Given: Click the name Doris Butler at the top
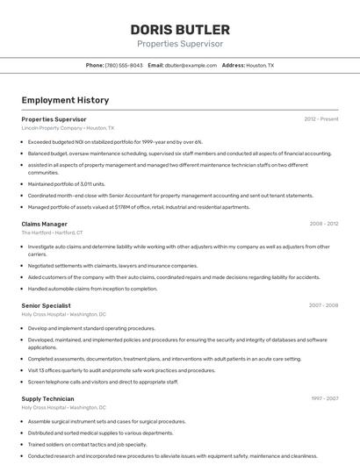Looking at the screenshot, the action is click(x=180, y=29).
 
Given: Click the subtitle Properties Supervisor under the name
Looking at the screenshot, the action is click(x=180, y=44).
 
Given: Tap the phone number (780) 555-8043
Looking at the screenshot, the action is click(x=124, y=65).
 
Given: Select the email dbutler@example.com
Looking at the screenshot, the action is click(x=191, y=65).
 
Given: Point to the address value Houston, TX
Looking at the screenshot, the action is click(x=260, y=65).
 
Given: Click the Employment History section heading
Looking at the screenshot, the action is click(x=65, y=100).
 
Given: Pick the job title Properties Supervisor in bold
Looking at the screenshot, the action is click(x=54, y=118).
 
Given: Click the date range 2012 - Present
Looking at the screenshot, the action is click(x=321, y=118).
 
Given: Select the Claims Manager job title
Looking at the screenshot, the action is click(x=44, y=224).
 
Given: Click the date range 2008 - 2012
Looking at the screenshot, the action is click(x=323, y=224).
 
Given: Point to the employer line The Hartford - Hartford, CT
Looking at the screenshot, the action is click(x=52, y=232).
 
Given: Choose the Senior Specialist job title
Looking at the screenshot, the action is click(x=47, y=305).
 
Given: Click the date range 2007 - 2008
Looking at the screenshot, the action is click(x=323, y=305).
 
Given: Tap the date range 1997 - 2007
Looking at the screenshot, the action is click(x=323, y=398).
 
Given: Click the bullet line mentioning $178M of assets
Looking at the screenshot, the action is click(x=139, y=207).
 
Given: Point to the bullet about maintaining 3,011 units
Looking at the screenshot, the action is click(x=67, y=184).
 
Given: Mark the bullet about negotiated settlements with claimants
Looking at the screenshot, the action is click(x=112, y=265).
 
